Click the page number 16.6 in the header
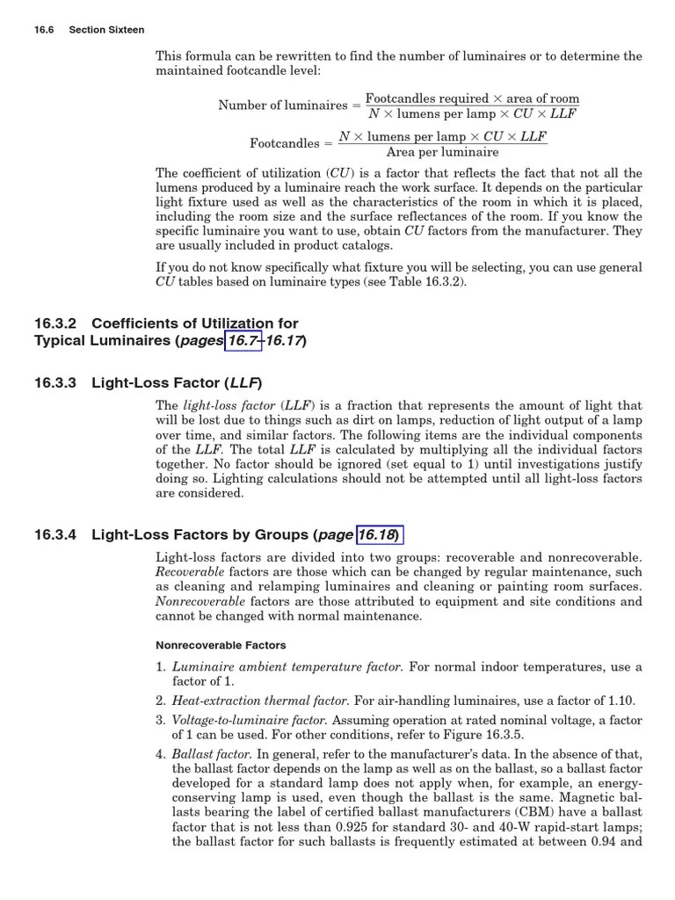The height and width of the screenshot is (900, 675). [44, 30]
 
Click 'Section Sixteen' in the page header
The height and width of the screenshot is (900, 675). [106, 30]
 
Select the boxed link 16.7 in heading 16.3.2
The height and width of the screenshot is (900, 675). [243, 340]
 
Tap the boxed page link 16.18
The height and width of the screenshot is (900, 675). [379, 534]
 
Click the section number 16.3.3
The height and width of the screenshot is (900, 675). [56, 383]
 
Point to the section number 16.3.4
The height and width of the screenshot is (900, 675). [56, 534]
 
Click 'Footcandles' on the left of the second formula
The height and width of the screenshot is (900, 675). [285, 142]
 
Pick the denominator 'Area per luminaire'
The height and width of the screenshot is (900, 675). [443, 152]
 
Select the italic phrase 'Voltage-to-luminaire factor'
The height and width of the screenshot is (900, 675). [250, 720]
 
